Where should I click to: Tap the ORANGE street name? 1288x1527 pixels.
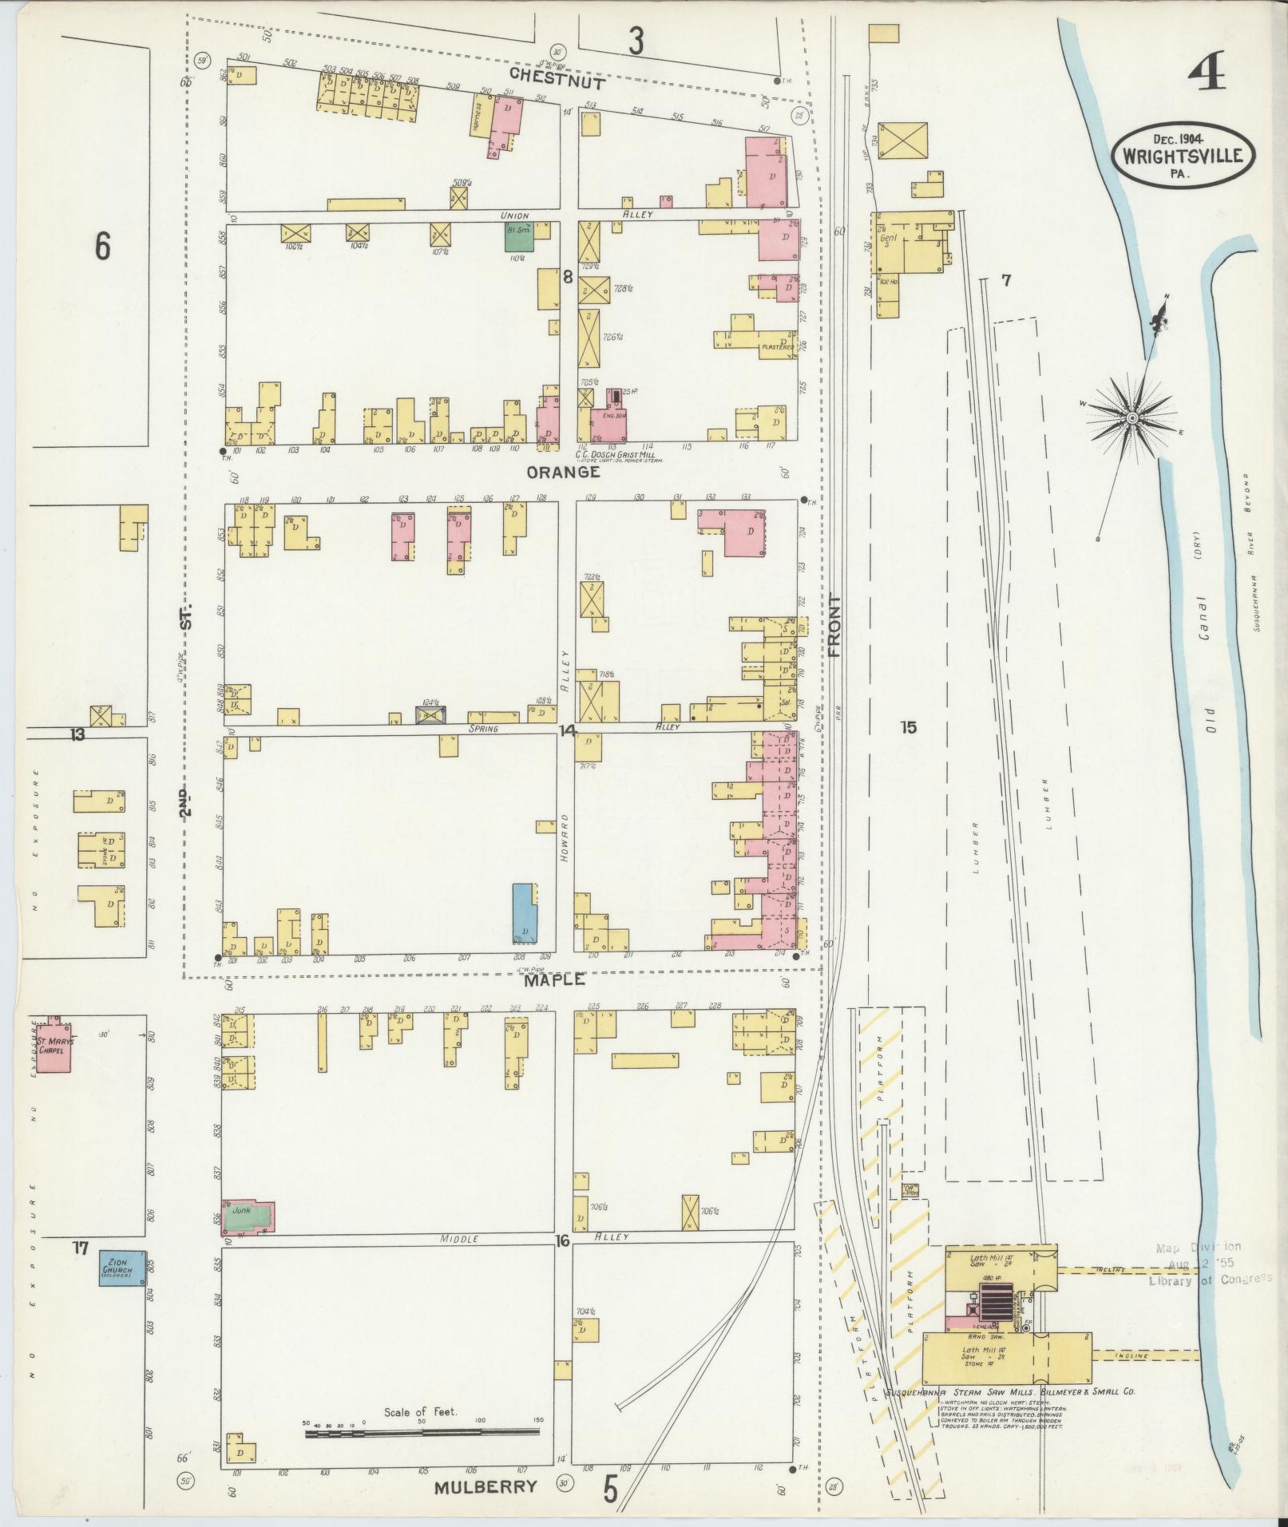pyautogui.click(x=563, y=472)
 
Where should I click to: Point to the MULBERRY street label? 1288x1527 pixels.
pyautogui.click(x=485, y=1486)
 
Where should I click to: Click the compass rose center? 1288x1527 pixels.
pyautogui.click(x=1132, y=418)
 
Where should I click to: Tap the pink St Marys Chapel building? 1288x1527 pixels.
pyautogui.click(x=54, y=1045)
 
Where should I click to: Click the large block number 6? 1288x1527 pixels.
pyautogui.click(x=102, y=246)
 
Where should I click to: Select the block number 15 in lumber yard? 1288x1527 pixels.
pyautogui.click(x=908, y=727)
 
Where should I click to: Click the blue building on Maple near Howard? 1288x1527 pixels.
pyautogui.click(x=524, y=913)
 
